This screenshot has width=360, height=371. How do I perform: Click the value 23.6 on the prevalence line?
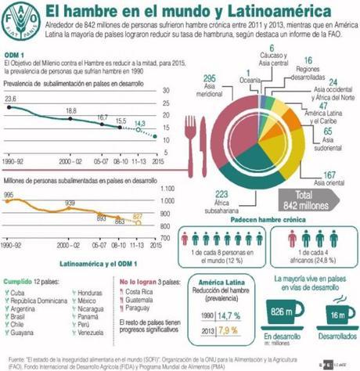point(11,99)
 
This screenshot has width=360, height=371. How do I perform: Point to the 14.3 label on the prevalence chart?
point(137,123)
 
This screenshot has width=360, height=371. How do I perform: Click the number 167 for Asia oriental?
point(329,175)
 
